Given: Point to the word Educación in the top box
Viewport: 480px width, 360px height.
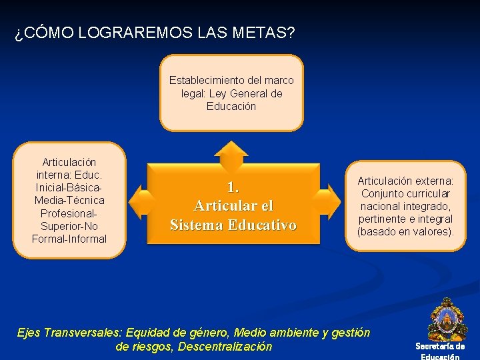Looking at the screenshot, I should click(x=231, y=106).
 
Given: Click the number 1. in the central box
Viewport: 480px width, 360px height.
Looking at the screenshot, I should click(x=233, y=187).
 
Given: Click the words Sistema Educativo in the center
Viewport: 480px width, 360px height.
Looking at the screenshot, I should click(x=233, y=225).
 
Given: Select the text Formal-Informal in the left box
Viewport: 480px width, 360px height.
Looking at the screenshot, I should click(x=69, y=238).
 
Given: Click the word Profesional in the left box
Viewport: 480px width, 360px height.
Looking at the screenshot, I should click(x=69, y=213).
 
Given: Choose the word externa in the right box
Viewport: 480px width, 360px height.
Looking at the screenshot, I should click(x=434, y=181).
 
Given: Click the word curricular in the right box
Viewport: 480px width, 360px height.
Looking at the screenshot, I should click(x=427, y=193).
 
